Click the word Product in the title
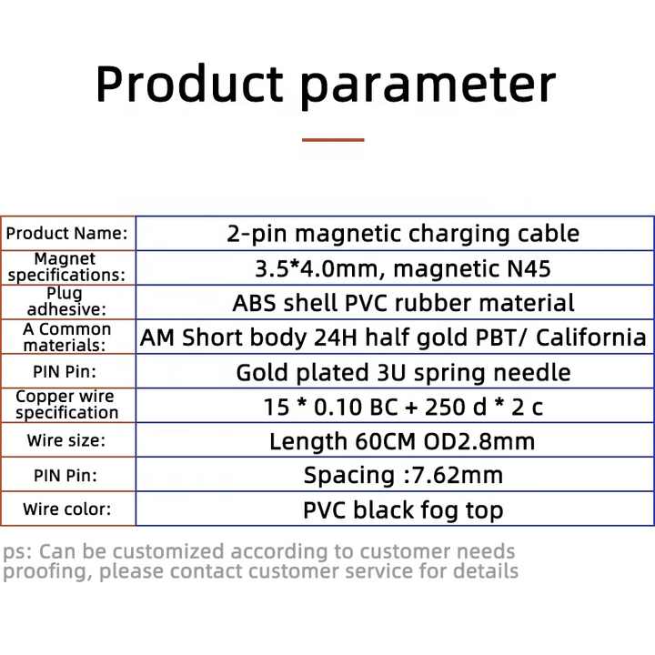(x=190, y=84)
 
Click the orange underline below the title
(x=333, y=140)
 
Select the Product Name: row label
(x=66, y=233)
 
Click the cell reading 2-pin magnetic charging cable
(x=403, y=234)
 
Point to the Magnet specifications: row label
(x=66, y=267)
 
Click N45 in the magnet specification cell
(x=529, y=268)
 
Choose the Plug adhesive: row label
(x=66, y=301)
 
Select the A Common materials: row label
(x=66, y=338)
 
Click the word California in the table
(x=591, y=338)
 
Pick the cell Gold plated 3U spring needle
(x=403, y=373)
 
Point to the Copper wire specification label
(x=66, y=404)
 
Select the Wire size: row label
(x=66, y=440)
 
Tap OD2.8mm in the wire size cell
(x=479, y=441)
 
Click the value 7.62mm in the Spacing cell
(x=458, y=476)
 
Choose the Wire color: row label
(x=66, y=509)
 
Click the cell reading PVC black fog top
(x=403, y=510)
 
